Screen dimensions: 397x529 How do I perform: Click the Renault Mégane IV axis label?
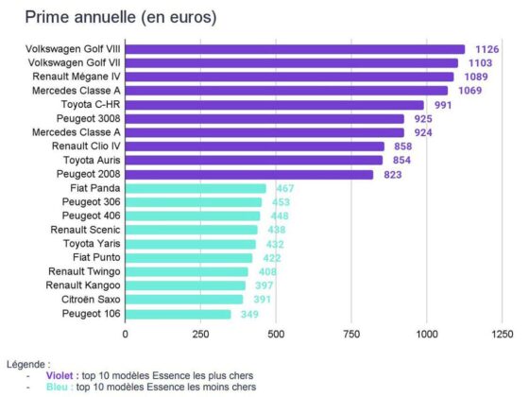77,77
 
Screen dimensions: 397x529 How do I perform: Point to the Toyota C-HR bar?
274,105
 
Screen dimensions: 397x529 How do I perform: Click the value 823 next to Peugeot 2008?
392,175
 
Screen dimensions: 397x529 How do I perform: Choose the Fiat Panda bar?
196,189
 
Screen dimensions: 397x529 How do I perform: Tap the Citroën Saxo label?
88,300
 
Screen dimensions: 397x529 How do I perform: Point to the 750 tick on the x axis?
351,334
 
